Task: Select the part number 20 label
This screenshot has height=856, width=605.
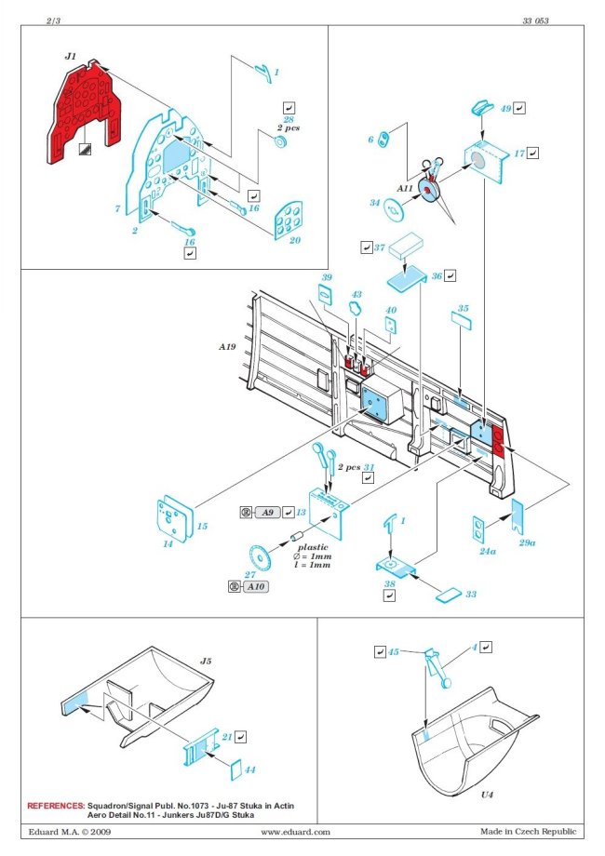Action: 295,240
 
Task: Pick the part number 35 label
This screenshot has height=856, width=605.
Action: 463,308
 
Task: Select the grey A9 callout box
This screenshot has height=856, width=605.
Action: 268,513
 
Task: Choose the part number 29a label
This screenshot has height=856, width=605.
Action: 527,542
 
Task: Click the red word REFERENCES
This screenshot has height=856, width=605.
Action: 55,805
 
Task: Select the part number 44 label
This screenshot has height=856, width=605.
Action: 251,771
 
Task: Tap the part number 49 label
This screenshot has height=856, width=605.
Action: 505,108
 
